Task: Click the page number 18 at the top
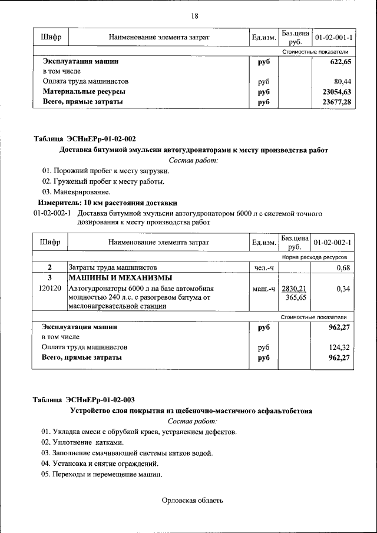pos(194,16)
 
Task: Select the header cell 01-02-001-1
pos(333,38)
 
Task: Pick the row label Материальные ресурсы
pos(84,92)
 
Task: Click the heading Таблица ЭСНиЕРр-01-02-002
pos(84,139)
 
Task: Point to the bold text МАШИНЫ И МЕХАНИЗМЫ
pos(120,278)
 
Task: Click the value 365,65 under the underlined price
pos(296,298)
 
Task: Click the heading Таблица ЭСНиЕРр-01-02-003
pos(84,400)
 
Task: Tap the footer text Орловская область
pos(193,501)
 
